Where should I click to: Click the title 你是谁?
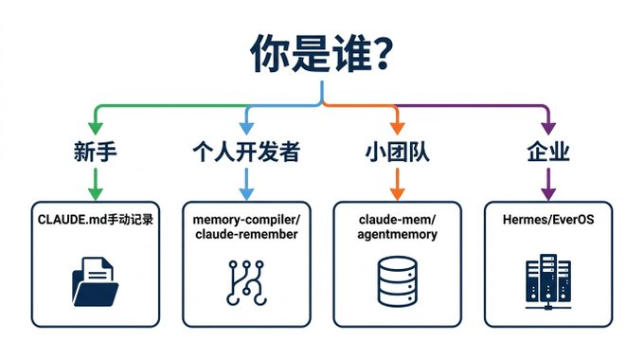321,54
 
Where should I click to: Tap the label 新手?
96,152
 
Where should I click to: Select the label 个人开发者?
246,152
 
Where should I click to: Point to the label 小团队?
397,152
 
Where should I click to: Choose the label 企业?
548,152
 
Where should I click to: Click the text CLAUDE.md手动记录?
96,220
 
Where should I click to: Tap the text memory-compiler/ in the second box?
246,220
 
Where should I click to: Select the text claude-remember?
246,234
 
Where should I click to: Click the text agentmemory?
397,235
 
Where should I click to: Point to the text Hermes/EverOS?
548,220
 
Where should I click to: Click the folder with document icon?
96,281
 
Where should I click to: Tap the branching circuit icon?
246,282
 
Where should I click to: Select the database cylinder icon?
397,281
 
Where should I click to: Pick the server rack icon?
548,281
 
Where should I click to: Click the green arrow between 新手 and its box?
96,184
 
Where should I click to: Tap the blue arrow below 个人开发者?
246,184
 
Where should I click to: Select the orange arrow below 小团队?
397,184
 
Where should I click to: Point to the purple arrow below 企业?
548,184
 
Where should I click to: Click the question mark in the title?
382,54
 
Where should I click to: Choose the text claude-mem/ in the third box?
397,220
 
